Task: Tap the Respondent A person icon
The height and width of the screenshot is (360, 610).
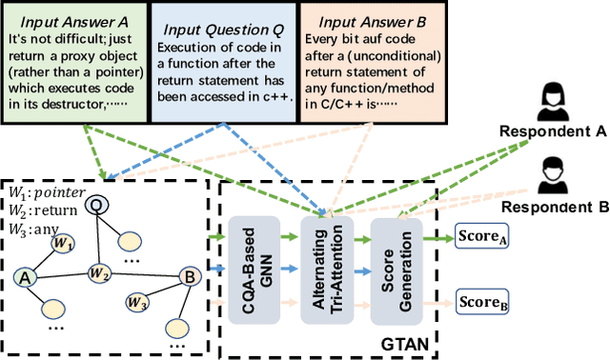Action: click(x=550, y=100)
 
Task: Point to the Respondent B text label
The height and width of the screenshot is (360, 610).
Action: click(x=556, y=206)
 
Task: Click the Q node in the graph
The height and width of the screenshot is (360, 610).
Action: click(x=96, y=205)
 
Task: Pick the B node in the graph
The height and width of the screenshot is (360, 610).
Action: click(x=189, y=277)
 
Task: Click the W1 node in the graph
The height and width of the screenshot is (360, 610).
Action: click(x=63, y=243)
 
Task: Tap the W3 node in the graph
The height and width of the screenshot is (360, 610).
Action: click(x=137, y=304)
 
